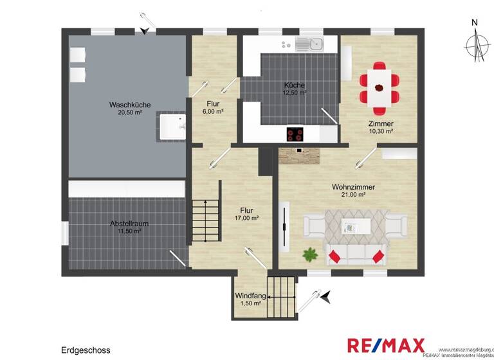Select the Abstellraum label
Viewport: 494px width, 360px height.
pos(129,224)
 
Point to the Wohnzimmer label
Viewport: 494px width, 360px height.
pos(353,186)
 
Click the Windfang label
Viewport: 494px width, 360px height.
pos(250,296)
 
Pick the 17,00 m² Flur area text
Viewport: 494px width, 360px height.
pos(246,218)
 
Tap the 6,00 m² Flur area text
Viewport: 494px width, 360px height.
pos(213,111)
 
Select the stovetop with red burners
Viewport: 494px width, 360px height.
pos(295,134)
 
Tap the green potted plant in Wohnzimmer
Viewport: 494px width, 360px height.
pos(311,254)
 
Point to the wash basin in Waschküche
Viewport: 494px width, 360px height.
pos(171,127)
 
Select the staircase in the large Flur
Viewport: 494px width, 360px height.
pos(205,221)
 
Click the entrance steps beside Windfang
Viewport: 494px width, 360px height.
pos(281,297)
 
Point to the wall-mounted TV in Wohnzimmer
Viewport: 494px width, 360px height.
pos(284,229)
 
